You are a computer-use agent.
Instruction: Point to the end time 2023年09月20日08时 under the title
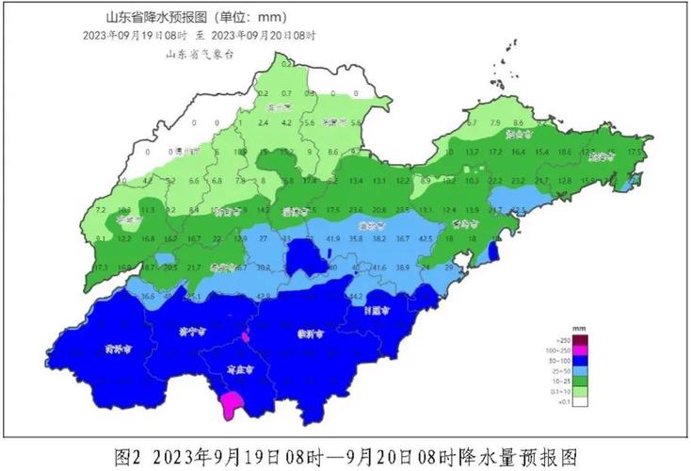coord(265,36)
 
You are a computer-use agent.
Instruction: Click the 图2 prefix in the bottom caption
coord(127,457)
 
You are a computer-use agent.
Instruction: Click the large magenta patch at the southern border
coord(230,406)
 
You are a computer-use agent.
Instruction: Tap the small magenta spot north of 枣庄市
coord(246,336)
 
